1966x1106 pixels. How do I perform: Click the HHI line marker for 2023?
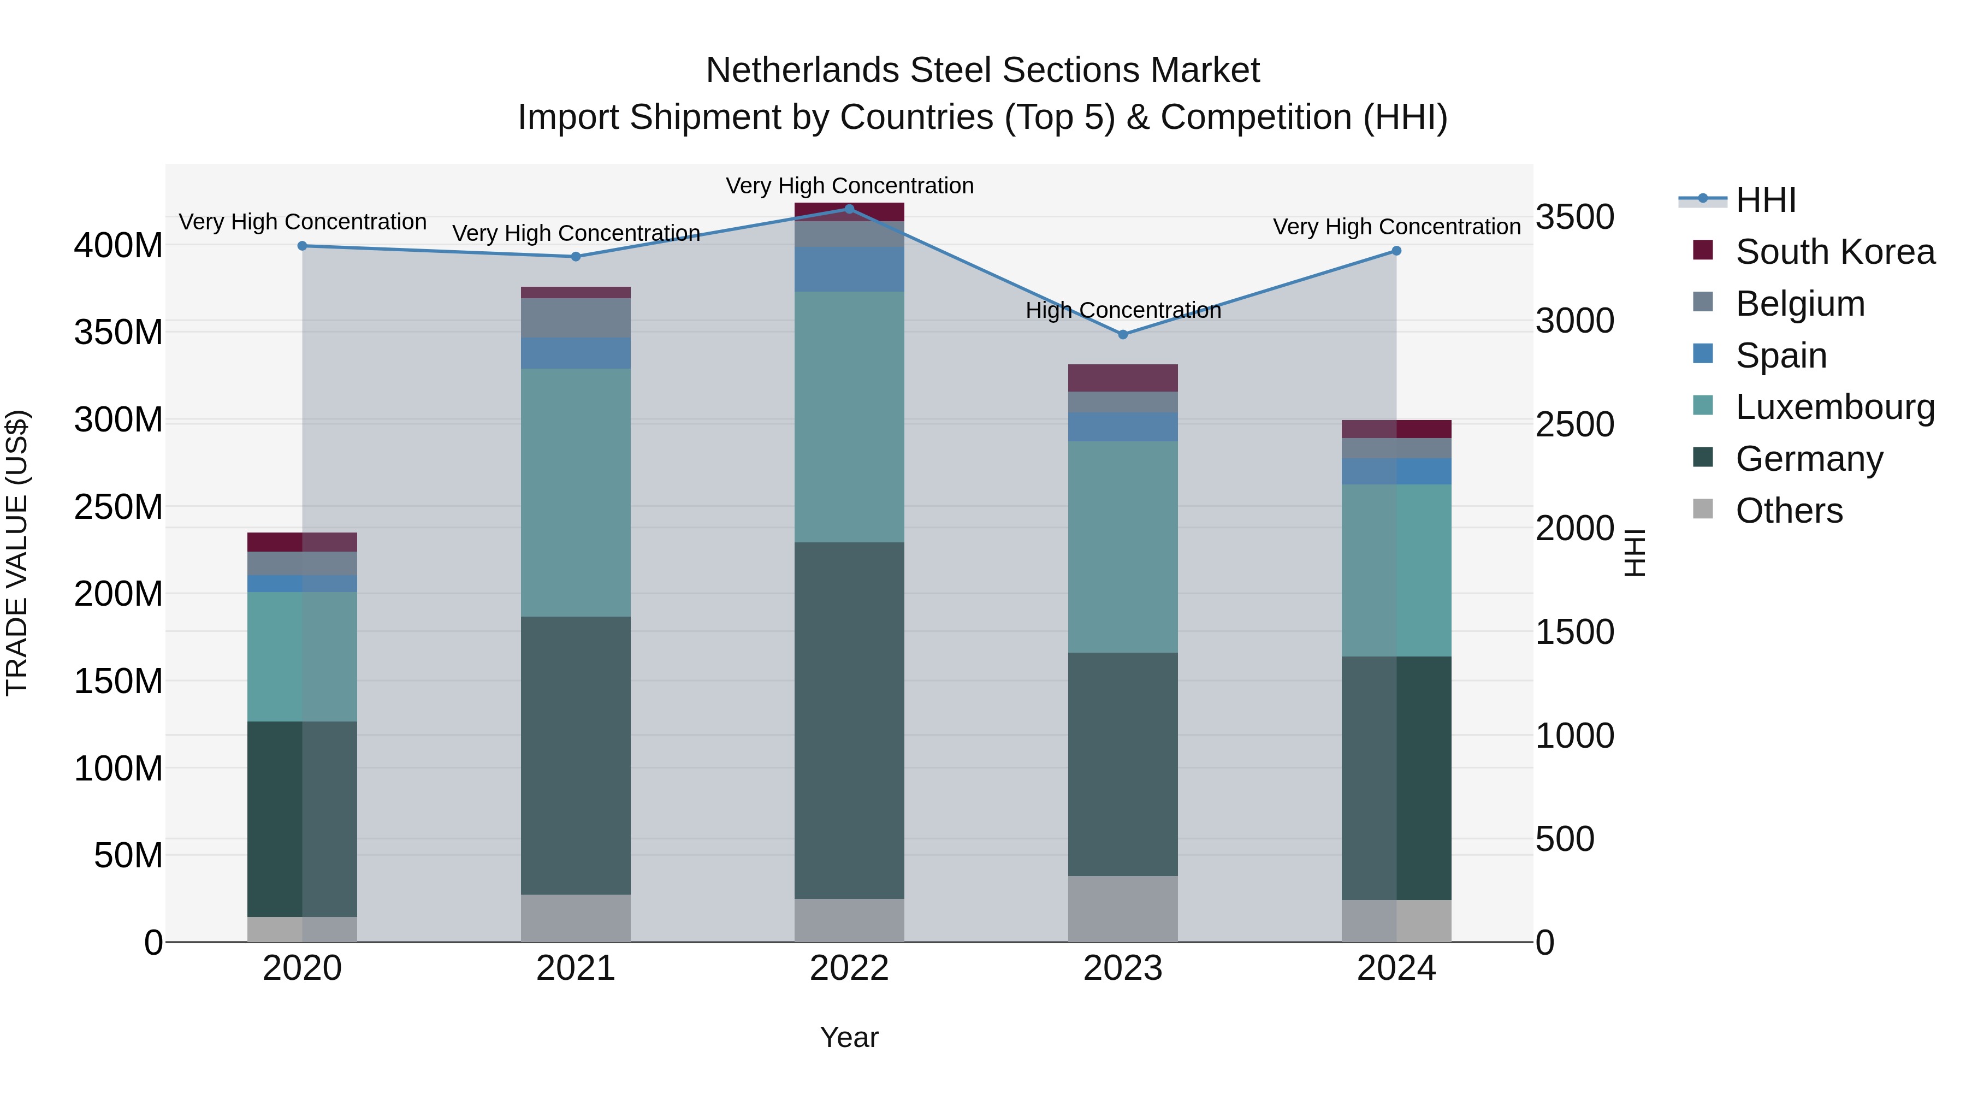coord(1123,334)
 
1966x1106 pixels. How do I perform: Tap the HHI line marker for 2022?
coord(849,209)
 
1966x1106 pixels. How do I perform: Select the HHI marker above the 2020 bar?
coord(302,246)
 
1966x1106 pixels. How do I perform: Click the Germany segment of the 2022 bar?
coord(849,720)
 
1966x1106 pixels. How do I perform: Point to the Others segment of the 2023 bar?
coord(1123,908)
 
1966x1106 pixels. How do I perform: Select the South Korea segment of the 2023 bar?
coord(1123,378)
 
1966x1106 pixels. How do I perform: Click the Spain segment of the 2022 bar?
coord(849,269)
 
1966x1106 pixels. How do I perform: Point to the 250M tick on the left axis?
coord(119,507)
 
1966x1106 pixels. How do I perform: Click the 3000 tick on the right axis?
coord(1574,321)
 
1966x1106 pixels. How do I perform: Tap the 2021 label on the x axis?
coord(576,968)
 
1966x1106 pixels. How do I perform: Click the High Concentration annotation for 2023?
coord(1123,311)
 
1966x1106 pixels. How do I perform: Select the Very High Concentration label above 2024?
coord(1396,227)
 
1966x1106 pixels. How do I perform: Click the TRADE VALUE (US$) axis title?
coord(17,553)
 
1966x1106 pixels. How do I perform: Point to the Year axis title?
coord(849,1037)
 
